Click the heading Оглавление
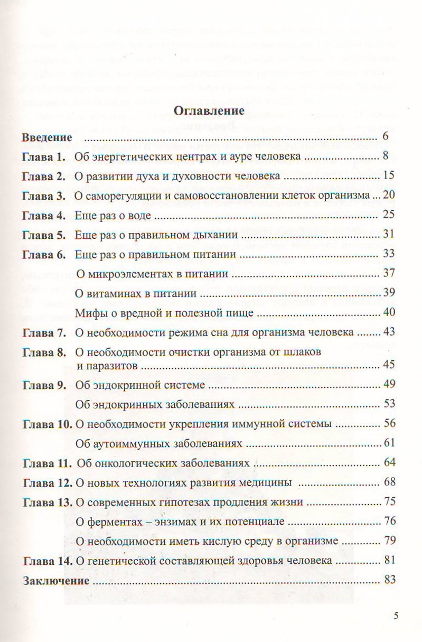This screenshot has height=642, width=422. [210, 111]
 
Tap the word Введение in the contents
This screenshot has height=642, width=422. [46, 138]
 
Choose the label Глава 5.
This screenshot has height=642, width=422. [43, 235]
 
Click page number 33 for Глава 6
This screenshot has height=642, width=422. [389, 254]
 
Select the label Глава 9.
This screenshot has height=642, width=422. [43, 385]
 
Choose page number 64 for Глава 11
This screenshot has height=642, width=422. [390, 463]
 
